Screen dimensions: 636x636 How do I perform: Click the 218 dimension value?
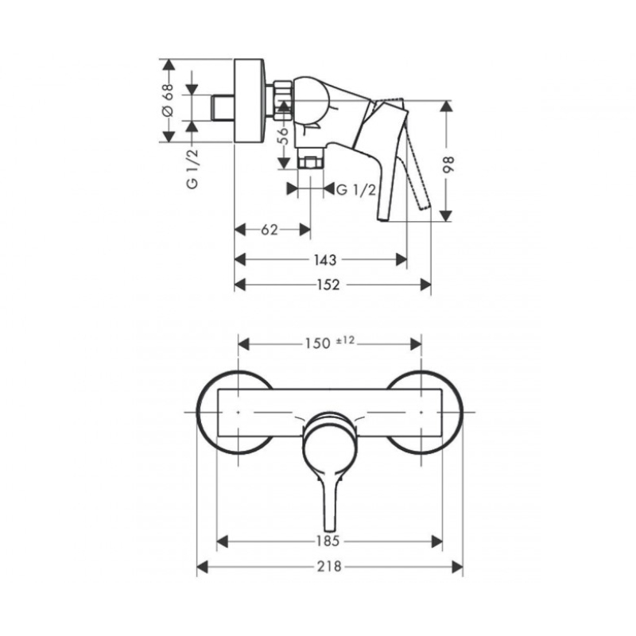click(x=329, y=567)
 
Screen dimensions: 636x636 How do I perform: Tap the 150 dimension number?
click(x=317, y=344)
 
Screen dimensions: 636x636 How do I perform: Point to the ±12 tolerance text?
click(x=346, y=341)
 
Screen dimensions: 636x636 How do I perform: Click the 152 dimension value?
click(x=328, y=285)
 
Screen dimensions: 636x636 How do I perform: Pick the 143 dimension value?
click(x=325, y=260)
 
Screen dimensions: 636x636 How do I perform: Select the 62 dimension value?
click(x=270, y=230)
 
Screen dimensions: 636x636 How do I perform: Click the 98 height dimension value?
click(x=448, y=165)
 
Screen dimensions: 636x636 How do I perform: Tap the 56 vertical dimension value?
click(x=284, y=136)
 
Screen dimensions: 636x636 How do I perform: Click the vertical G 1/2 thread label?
click(x=192, y=169)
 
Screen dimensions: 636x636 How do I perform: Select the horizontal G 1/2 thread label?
click(x=356, y=189)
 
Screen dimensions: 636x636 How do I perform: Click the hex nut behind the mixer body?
click(x=283, y=102)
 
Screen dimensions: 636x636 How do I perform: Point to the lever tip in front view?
click(x=330, y=529)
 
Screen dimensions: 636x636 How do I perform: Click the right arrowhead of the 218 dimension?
click(x=457, y=567)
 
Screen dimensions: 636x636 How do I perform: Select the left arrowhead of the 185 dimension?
click(x=223, y=541)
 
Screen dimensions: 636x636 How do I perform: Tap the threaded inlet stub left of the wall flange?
click(x=223, y=107)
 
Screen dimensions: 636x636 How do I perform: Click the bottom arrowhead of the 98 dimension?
click(x=446, y=215)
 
